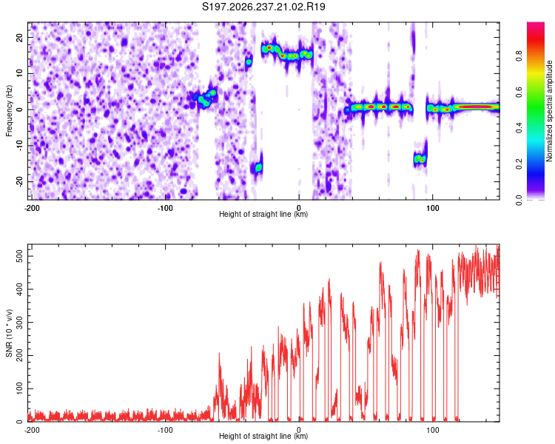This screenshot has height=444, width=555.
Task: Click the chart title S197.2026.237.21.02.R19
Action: pyautogui.click(x=263, y=7)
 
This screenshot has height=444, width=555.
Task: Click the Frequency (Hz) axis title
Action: pyautogui.click(x=9, y=111)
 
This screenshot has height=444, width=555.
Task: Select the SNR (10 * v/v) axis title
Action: pyautogui.click(x=9, y=333)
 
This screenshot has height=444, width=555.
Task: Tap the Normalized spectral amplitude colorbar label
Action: pyautogui.click(x=549, y=111)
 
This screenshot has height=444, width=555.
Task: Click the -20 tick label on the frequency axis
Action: pyautogui.click(x=20, y=182)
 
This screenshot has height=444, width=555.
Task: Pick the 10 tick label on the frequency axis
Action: pyautogui.click(x=20, y=73)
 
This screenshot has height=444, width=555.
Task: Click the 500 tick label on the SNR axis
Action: pyautogui.click(x=20, y=256)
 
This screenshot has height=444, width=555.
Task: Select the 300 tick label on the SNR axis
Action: pyautogui.click(x=20, y=323)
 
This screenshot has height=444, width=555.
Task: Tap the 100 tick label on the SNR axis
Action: pyautogui.click(x=20, y=388)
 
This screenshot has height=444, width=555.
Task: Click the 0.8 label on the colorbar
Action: pyautogui.click(x=519, y=56)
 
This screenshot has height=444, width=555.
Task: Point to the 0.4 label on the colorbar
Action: pyautogui.click(x=519, y=128)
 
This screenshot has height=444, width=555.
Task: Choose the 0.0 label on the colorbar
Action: pyautogui.click(x=519, y=200)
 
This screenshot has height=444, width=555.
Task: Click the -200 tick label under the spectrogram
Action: pyautogui.click(x=32, y=208)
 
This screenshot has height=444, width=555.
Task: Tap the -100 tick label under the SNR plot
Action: pyautogui.click(x=165, y=431)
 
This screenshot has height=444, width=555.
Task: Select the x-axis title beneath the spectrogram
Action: pyautogui.click(x=263, y=214)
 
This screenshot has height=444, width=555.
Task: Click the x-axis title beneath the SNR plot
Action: pyautogui.click(x=263, y=436)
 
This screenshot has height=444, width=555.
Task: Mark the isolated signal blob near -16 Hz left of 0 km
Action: pyautogui.click(x=258, y=167)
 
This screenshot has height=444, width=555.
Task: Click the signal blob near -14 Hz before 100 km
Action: pyautogui.click(x=420, y=158)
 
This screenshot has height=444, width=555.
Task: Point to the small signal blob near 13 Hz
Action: pyautogui.click(x=249, y=62)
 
